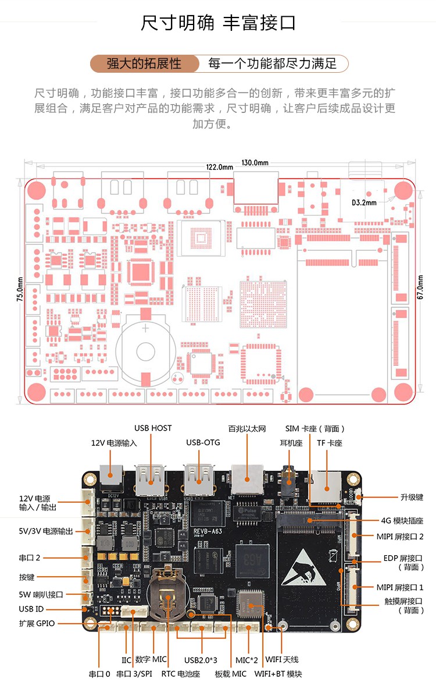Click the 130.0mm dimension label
click(x=255, y=162)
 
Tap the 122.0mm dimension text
click(x=219, y=167)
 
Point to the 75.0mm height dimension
click(x=20, y=289)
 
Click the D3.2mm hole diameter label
click(x=364, y=203)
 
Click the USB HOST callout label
click(x=153, y=428)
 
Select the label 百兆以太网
click(x=246, y=428)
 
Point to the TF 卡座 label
click(x=329, y=443)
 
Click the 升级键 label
click(x=411, y=497)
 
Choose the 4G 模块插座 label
click(x=402, y=520)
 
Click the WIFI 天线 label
click(x=282, y=659)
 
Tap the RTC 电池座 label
click(x=180, y=674)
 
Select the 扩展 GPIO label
click(x=37, y=623)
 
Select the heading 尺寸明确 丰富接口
click(x=218, y=23)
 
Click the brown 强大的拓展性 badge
click(x=144, y=63)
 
